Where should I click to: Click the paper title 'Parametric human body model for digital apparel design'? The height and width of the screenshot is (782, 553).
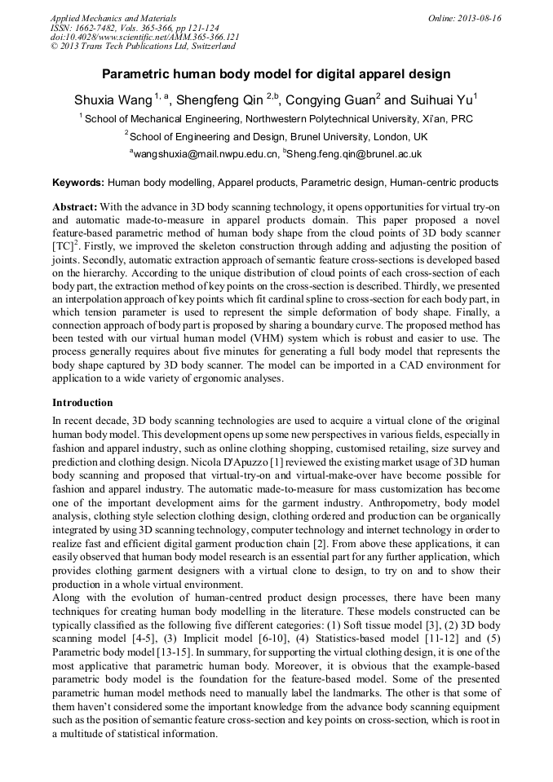pyautogui.click(x=276, y=74)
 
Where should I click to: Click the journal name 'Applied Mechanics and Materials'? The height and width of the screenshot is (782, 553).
pyautogui.click(x=113, y=18)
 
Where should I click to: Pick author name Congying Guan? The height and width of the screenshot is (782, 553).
pyautogui.click(x=332, y=100)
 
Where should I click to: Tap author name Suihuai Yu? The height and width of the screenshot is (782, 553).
pyautogui.click(x=440, y=100)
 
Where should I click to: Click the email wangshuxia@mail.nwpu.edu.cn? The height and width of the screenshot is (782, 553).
pyautogui.click(x=206, y=153)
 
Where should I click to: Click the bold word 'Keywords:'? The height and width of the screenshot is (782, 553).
pyautogui.click(x=78, y=183)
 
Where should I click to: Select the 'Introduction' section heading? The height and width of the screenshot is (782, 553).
pyautogui.click(x=82, y=402)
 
